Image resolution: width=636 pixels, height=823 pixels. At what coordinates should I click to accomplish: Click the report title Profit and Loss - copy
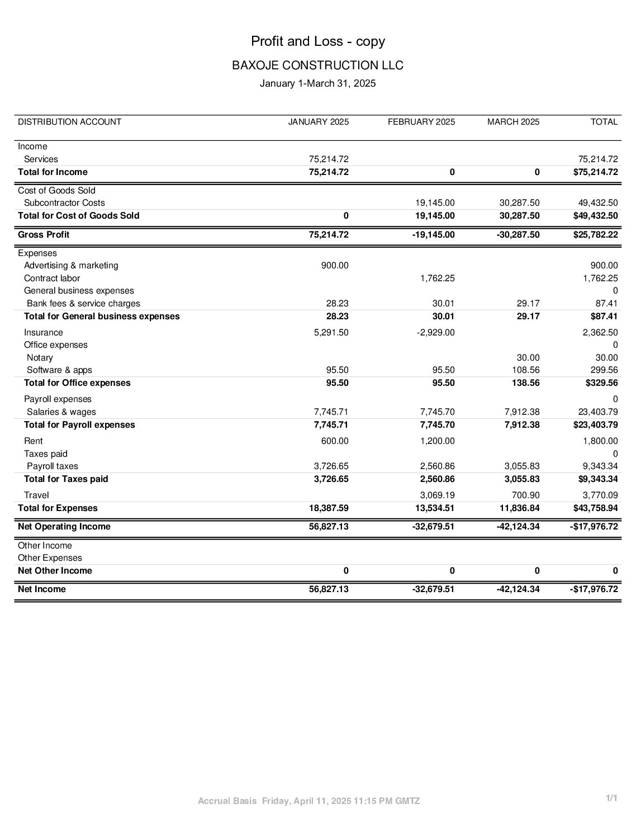coord(317,41)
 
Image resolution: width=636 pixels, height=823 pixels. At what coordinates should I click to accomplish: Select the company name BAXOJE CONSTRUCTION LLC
coord(317,65)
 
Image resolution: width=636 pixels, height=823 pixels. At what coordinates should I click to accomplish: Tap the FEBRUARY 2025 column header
coord(421,122)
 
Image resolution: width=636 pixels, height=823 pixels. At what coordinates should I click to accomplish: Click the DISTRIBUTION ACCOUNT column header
coord(69,122)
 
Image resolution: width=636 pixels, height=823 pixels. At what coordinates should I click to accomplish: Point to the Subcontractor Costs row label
coord(64,203)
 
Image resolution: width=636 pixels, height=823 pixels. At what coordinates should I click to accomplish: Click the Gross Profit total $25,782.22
coord(595,235)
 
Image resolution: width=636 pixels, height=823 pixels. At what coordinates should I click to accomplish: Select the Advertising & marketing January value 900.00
coord(335,266)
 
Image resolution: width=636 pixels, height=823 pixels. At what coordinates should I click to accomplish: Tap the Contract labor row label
coord(52,278)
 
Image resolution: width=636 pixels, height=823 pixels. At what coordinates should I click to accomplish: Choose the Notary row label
coord(40,358)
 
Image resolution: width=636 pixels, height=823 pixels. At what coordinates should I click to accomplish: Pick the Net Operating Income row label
coord(64,527)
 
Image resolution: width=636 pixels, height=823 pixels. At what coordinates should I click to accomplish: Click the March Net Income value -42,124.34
coord(518,589)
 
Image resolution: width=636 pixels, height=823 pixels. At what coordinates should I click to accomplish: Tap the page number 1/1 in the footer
coord(612,798)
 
